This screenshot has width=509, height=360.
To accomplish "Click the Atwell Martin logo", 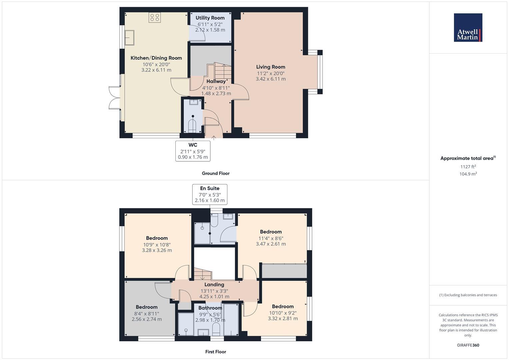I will click(468, 28).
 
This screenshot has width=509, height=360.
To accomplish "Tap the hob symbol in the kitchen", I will click(155, 17).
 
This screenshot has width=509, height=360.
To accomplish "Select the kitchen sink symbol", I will click(129, 37).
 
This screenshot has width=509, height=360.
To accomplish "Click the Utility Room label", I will click(210, 18).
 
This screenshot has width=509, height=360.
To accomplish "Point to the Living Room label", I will click(271, 67).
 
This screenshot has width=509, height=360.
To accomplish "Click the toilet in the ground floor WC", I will click(193, 125).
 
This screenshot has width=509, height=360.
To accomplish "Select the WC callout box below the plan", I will click(193, 151).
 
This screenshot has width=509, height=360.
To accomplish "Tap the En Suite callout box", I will click(210, 194).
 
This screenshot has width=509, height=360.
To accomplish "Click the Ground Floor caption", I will click(216, 173).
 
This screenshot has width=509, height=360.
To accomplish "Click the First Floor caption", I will click(216, 352).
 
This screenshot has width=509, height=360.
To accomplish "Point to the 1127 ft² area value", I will click(468, 167).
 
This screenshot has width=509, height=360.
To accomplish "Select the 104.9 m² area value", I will click(468, 174).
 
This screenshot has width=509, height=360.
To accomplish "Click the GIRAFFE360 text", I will click(468, 345).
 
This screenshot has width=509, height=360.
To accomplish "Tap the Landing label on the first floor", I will click(214, 285).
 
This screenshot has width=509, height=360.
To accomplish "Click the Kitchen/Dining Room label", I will click(156, 58).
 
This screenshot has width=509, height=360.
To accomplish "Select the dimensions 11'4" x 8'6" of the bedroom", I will click(271, 238).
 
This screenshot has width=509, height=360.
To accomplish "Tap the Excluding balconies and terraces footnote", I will click(468, 295).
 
